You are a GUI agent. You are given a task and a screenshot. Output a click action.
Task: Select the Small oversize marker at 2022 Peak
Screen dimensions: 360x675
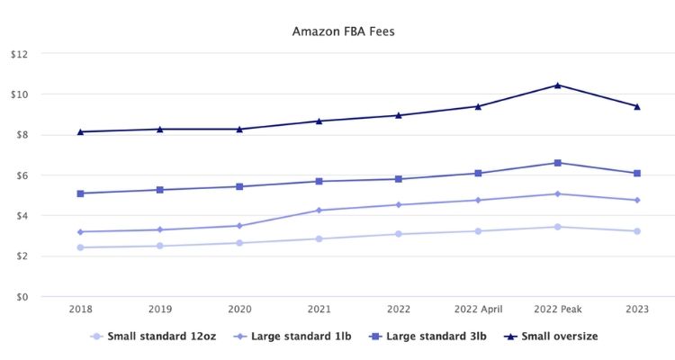click(557, 85)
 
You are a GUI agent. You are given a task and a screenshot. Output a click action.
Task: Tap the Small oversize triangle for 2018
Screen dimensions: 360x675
click(80, 132)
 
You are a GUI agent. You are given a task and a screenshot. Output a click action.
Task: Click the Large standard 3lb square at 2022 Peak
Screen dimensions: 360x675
click(557, 163)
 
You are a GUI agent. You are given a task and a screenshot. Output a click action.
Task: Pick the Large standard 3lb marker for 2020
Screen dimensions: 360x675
click(239, 186)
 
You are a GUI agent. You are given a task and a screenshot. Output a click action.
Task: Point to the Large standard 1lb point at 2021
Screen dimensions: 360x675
click(319, 211)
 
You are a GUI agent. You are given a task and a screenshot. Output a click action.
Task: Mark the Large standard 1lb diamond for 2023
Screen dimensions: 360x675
click(636, 200)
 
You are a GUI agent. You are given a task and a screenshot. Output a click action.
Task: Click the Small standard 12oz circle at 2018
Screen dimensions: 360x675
click(80, 247)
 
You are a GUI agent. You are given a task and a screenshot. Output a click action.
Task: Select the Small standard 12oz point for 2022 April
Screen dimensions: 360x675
click(478, 231)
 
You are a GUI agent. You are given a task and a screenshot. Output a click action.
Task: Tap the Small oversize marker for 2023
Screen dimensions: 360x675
click(636, 106)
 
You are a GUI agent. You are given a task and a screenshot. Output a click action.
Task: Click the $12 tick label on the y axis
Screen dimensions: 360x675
click(19, 54)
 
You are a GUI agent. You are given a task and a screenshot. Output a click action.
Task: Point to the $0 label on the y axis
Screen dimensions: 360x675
click(22, 297)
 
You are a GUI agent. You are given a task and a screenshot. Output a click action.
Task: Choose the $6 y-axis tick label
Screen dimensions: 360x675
click(22, 175)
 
